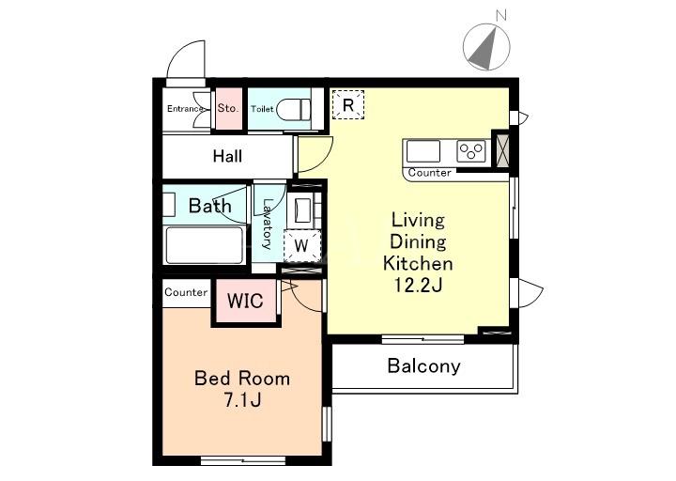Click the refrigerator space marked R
click(x=348, y=105)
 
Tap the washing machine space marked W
click(x=301, y=246)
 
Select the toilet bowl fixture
click(x=293, y=110)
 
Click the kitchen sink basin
click(x=423, y=151)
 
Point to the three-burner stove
click(x=471, y=151)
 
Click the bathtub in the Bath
click(x=205, y=245)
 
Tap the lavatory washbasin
click(x=302, y=210)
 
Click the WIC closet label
click(x=245, y=301)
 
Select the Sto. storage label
click(x=227, y=108)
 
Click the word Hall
click(x=227, y=156)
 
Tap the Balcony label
click(x=423, y=366)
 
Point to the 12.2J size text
click(x=418, y=286)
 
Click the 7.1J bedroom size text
click(x=242, y=400)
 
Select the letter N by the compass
click(x=501, y=16)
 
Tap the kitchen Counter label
click(x=429, y=173)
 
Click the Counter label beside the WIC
click(x=186, y=292)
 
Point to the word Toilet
click(x=262, y=109)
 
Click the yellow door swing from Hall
click(x=315, y=154)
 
